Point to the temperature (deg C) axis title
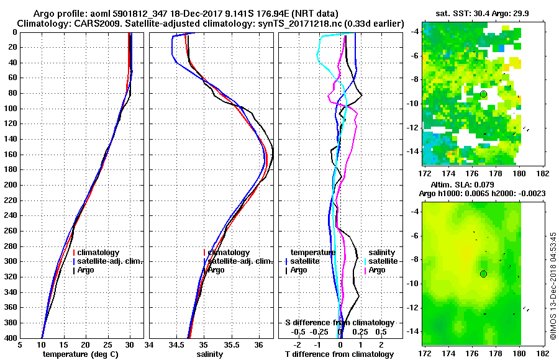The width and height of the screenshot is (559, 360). [80, 354]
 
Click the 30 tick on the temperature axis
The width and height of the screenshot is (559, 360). [129, 344]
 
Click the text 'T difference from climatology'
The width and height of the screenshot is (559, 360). [340, 354]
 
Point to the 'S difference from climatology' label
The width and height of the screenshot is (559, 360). [340, 323]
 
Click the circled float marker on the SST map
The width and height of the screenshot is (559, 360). [483, 94]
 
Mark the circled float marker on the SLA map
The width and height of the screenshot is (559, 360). [483, 274]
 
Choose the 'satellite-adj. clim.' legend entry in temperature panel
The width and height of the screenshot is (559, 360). [110, 261]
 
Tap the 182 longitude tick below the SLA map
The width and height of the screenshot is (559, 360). [542, 353]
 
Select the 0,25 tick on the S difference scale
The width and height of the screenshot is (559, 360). [360, 331]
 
